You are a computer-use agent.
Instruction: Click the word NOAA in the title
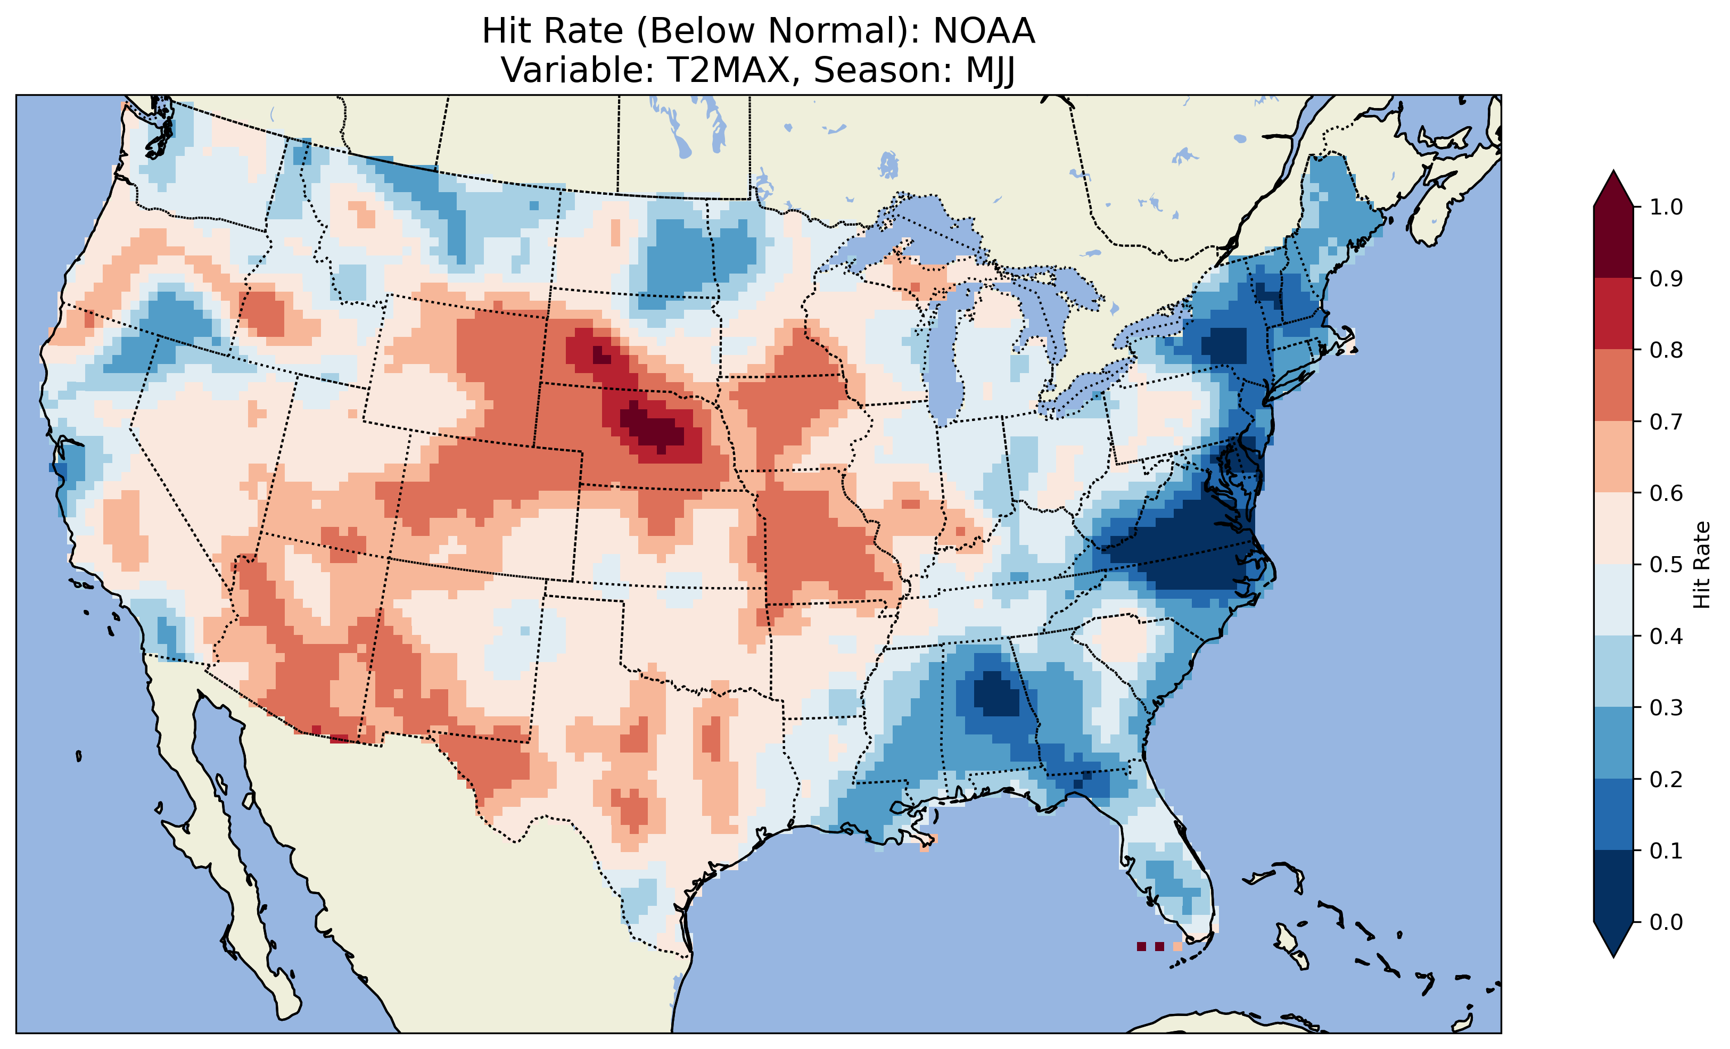click(984, 31)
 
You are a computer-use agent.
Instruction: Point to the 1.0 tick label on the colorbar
click(1666, 207)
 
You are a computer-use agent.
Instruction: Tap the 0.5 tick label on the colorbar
click(1666, 565)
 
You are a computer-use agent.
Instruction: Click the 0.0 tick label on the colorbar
click(1666, 922)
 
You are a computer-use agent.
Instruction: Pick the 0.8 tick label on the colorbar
click(1666, 350)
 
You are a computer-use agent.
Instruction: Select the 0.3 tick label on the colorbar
click(1666, 708)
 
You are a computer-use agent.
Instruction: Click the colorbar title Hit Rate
click(1701, 565)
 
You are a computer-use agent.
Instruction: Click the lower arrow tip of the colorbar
click(1613, 956)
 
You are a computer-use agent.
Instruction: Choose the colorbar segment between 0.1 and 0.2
click(1613, 814)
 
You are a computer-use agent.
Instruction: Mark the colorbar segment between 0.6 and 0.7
click(1613, 457)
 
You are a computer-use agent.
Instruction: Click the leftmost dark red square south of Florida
click(1141, 946)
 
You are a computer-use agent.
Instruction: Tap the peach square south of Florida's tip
click(1177, 946)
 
